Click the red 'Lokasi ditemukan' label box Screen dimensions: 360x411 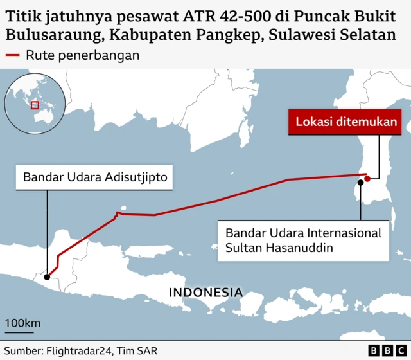[x=346, y=122]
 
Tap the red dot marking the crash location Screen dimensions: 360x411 [x=367, y=177]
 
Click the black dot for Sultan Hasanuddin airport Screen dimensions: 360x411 [x=361, y=182]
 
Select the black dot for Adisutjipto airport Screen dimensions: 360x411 [x=47, y=276]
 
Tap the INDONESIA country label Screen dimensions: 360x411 [x=205, y=292]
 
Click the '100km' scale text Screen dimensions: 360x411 [x=22, y=322]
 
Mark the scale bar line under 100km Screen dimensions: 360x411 [x=20, y=333]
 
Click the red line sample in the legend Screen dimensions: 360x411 [x=12, y=55]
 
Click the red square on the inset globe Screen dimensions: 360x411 [x=35, y=105]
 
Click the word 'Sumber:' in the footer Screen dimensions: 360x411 [x=22, y=351]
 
